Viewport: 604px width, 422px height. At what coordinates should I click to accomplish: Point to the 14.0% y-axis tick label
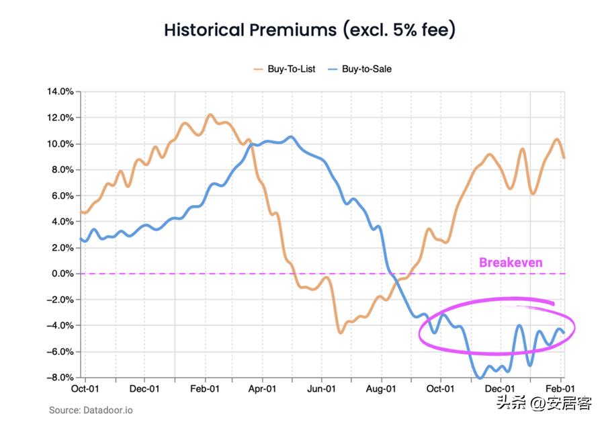point(60,91)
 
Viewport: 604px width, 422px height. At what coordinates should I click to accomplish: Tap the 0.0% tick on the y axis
point(62,273)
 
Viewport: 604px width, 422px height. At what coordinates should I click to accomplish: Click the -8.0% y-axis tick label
point(60,378)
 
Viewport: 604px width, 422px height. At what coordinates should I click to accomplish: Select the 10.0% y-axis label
point(60,144)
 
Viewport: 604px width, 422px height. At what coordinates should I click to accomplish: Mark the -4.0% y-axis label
point(60,326)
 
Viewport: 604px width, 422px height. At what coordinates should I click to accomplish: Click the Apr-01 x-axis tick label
point(262,389)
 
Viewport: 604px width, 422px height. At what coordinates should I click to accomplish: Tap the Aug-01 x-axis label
point(380,389)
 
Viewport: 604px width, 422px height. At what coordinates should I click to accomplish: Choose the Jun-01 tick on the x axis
point(321,389)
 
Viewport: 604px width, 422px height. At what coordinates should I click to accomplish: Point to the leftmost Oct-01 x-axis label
point(85,389)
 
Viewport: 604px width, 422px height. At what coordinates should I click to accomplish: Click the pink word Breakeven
point(510,262)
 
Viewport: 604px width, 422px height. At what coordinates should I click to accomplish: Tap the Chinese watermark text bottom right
point(544,403)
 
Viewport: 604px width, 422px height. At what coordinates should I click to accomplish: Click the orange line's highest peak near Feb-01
point(210,115)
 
